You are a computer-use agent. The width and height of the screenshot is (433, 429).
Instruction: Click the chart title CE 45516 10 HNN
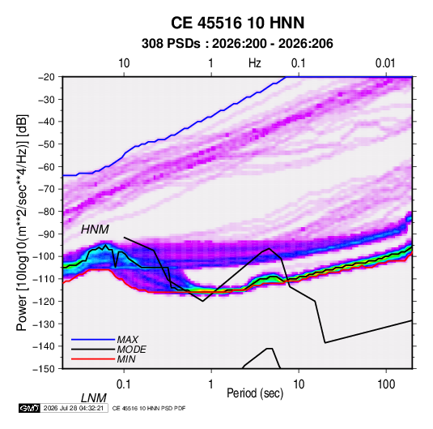tap(237, 23)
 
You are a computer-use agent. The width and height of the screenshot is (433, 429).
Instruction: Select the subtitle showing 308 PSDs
tap(237, 44)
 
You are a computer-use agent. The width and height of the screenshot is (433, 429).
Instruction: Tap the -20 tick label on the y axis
tap(46, 77)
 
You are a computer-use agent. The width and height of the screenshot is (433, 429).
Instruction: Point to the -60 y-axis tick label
tap(46, 166)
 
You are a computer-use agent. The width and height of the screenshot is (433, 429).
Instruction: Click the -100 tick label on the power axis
tap(45, 256)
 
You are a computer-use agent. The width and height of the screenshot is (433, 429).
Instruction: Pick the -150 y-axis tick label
tap(45, 369)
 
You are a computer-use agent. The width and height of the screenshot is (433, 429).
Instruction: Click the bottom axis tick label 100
tap(386, 384)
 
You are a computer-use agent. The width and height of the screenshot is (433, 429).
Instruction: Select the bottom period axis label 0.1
tap(124, 384)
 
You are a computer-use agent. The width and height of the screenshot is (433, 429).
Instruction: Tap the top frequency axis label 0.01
tap(385, 63)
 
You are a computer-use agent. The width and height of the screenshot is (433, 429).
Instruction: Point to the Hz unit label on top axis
tap(255, 63)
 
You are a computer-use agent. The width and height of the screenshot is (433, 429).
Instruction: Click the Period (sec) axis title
tap(255, 393)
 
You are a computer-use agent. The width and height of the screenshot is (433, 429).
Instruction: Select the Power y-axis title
tap(22, 223)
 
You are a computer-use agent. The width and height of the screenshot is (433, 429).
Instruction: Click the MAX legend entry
tap(127, 340)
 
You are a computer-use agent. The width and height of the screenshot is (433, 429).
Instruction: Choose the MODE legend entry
tap(131, 350)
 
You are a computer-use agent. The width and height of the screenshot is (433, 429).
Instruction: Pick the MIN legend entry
tap(126, 359)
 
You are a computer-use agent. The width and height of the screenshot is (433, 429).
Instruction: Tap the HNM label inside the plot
tap(95, 230)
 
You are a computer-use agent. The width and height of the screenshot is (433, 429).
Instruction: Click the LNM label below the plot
tap(93, 398)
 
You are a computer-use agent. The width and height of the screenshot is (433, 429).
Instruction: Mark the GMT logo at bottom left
tap(29, 408)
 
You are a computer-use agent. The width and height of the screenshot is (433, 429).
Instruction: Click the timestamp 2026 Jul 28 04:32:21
tap(74, 408)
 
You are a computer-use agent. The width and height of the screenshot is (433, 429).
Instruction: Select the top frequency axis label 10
tap(124, 63)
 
